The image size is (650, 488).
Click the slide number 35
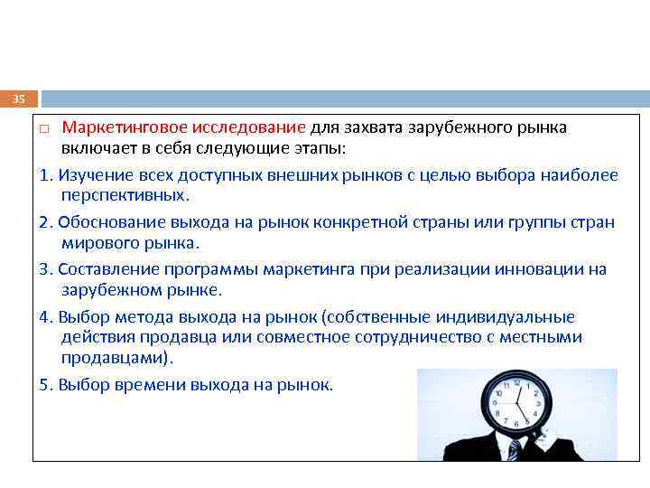(x=19, y=99)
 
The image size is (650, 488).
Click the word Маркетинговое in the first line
(x=123, y=127)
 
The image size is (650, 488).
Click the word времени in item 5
(x=149, y=384)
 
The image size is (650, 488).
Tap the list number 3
(x=44, y=269)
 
